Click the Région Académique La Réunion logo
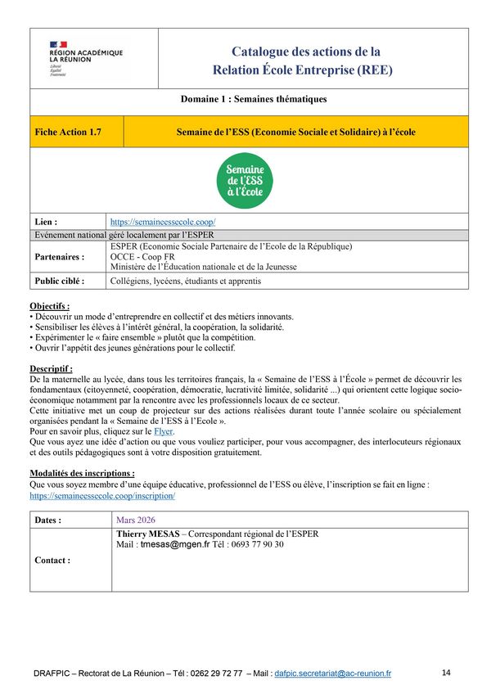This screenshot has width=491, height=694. click(85, 58)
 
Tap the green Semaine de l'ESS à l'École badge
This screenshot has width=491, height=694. click(245, 180)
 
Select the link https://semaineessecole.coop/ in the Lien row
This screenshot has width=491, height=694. click(163, 222)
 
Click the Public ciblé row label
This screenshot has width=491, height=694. click(62, 281)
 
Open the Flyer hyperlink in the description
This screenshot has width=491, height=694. click(164, 430)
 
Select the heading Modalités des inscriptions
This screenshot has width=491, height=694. click(82, 473)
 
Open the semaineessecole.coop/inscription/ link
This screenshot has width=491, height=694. click(102, 496)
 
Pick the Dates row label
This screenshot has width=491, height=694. click(49, 520)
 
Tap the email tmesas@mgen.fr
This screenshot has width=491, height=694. click(175, 544)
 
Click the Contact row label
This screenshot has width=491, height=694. click(52, 561)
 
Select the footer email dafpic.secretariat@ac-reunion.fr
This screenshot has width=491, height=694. click(333, 674)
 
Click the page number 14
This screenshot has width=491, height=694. click(446, 673)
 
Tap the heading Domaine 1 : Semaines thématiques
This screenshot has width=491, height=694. click(254, 100)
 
